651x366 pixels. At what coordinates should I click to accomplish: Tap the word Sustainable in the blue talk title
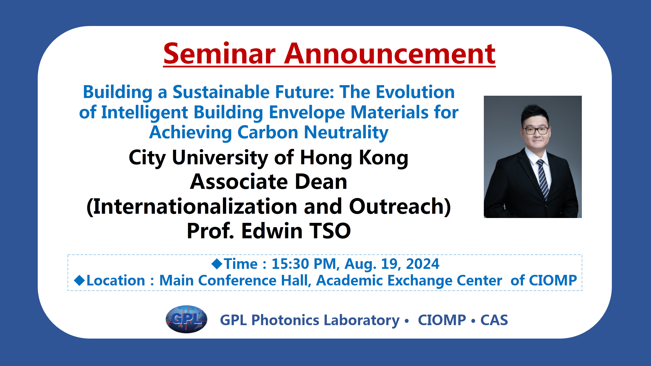tap(221, 92)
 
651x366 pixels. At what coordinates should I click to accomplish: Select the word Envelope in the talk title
tap(307, 112)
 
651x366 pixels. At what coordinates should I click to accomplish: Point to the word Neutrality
tap(346, 133)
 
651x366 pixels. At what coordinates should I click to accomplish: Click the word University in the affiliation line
tap(220, 158)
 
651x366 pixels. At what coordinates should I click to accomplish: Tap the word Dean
tap(321, 182)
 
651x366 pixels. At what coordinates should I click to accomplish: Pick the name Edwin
tap(271, 231)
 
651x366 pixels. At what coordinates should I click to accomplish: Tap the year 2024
tap(422, 264)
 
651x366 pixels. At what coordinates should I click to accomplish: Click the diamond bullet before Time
tap(217, 263)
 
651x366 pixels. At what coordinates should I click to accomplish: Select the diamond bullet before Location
tap(79, 280)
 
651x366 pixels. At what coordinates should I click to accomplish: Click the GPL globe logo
tap(186, 319)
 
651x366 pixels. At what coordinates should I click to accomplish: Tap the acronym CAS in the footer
tap(494, 320)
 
